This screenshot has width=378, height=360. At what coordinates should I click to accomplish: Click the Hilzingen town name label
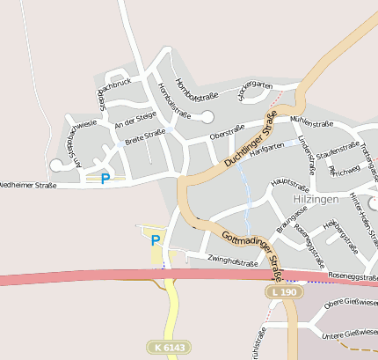click(x=315, y=201)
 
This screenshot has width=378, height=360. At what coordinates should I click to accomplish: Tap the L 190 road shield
click(x=282, y=291)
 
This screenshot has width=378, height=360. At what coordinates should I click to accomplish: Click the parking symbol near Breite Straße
click(x=105, y=179)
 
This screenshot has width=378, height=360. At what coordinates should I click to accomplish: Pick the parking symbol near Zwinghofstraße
click(x=156, y=240)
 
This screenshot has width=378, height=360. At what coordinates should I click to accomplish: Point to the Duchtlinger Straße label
click(x=251, y=140)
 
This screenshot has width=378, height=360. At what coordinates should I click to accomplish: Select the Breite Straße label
click(x=145, y=136)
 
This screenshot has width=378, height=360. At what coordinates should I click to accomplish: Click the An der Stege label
click(x=135, y=120)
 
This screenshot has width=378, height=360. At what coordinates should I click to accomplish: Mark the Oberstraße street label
click(x=228, y=132)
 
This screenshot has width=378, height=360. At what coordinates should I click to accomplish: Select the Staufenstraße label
click(x=338, y=148)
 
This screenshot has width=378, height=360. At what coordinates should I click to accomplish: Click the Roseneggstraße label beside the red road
click(x=350, y=276)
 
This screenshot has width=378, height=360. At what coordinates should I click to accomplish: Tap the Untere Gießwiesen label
click(x=350, y=333)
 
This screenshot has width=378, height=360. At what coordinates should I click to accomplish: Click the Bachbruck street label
click(x=114, y=86)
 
